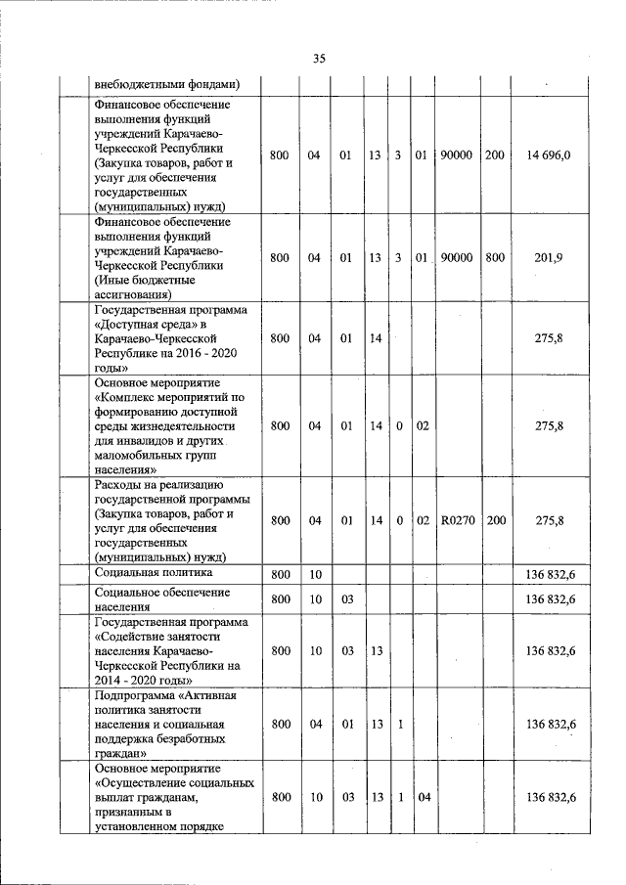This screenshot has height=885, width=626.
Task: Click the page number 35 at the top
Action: tap(319, 59)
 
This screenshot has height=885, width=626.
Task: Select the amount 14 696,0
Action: tap(549, 155)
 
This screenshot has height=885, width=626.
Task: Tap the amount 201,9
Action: tap(549, 257)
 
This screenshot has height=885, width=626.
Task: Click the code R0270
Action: tap(457, 521)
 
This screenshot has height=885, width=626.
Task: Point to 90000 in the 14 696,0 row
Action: tap(456, 155)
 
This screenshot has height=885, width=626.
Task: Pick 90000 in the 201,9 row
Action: tap(456, 257)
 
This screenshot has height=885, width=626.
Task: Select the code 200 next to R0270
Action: tap(496, 521)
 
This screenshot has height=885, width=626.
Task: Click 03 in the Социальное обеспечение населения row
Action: tap(345, 598)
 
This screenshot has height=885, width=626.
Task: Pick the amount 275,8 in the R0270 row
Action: tap(550, 521)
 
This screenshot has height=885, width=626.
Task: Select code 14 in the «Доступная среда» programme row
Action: tap(375, 338)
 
